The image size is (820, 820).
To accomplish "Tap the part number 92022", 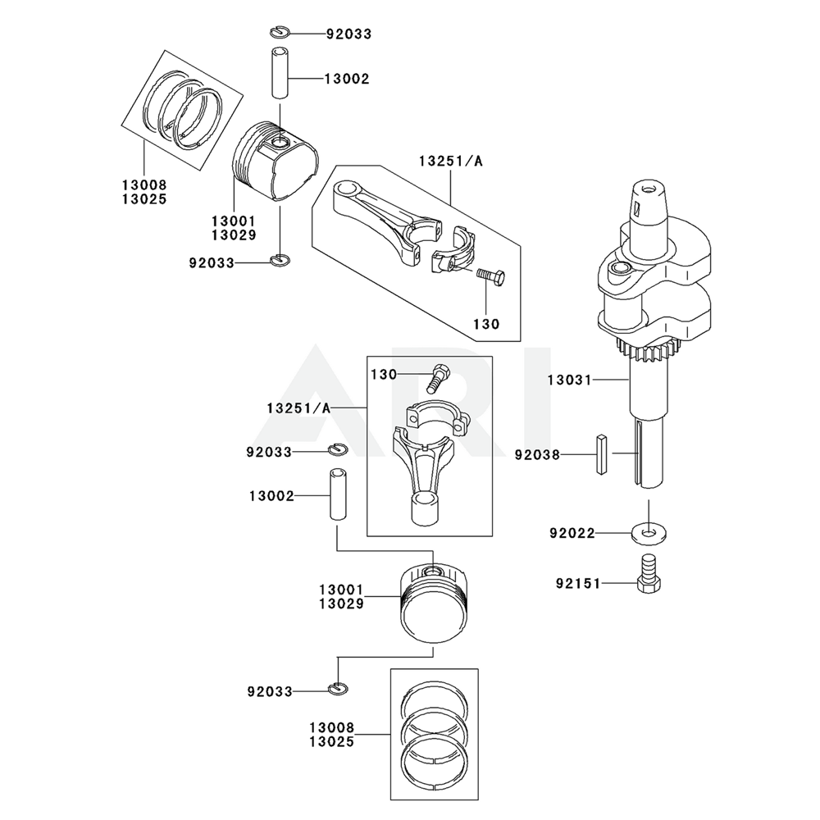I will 572,533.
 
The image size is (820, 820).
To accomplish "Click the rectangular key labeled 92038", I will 601,453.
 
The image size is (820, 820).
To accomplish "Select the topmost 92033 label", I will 348,34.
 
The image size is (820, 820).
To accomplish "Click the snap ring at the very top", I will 279,33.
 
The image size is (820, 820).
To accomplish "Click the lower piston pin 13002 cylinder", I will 338,494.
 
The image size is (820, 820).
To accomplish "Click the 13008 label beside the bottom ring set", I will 332,727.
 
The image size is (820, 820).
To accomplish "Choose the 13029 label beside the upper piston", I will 234,235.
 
